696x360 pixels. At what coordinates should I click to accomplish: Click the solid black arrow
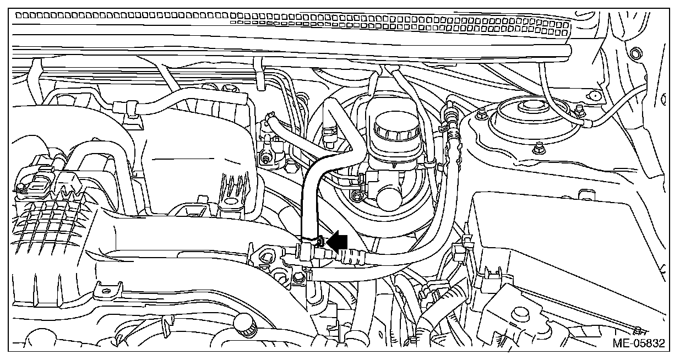[338, 241]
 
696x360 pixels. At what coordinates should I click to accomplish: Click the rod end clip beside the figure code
[639, 331]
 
